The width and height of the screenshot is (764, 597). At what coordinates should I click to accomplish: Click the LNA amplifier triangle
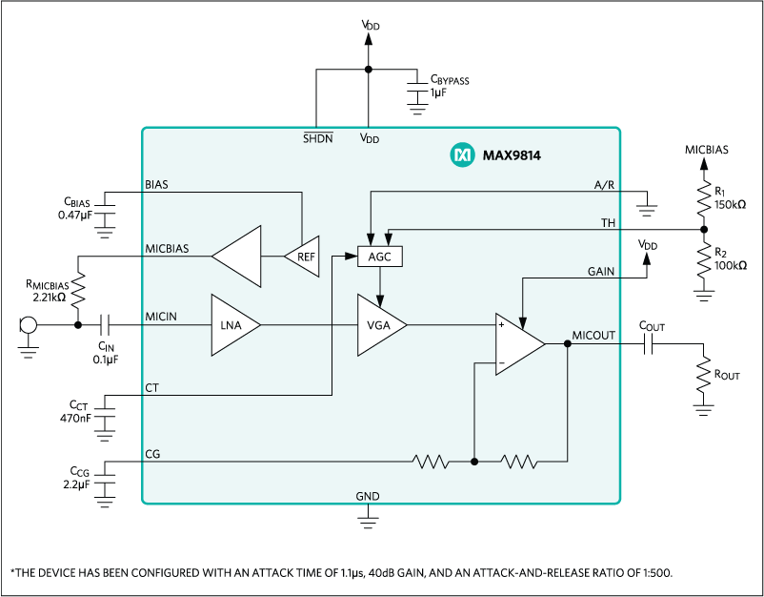tap(231, 325)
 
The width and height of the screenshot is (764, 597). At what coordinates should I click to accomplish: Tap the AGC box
tap(380, 257)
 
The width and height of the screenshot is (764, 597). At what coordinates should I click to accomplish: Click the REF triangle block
tap(303, 256)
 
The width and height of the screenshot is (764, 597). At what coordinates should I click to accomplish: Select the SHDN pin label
tap(317, 138)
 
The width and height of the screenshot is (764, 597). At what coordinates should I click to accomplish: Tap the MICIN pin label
tap(162, 315)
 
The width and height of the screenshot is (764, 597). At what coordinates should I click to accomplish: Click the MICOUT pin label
tap(593, 336)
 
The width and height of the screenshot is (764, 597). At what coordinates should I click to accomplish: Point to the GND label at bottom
tap(368, 496)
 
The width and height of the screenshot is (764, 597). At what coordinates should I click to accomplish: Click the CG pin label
tap(152, 454)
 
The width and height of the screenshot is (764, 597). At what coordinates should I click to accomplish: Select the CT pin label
tap(152, 388)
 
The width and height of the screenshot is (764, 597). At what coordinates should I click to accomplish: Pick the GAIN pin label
tap(601, 272)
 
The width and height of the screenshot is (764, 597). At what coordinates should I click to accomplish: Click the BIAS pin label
tap(157, 183)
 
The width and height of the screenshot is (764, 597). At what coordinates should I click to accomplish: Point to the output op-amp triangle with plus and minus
tap(518, 344)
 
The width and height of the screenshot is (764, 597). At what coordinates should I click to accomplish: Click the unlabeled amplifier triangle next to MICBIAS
tap(238, 256)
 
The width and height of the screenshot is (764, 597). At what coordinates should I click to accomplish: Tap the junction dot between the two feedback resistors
tap(474, 463)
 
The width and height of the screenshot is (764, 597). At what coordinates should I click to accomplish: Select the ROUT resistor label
tap(727, 376)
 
